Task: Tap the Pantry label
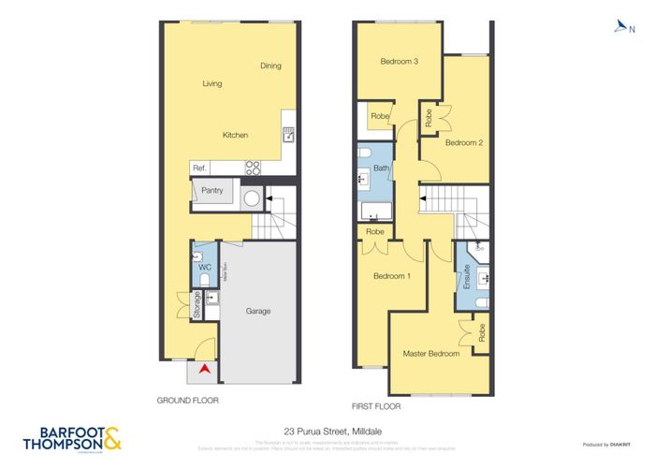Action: click(211, 190)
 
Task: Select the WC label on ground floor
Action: click(205, 268)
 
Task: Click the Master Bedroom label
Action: click(430, 353)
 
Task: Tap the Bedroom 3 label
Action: click(398, 62)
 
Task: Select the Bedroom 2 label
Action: click(463, 143)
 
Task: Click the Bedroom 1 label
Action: click(391, 276)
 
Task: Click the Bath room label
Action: click(381, 168)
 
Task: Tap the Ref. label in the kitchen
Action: click(199, 168)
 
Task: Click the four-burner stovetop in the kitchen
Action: click(253, 168)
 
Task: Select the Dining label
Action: click(270, 66)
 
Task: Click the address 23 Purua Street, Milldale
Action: click(327, 430)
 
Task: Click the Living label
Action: click(212, 84)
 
